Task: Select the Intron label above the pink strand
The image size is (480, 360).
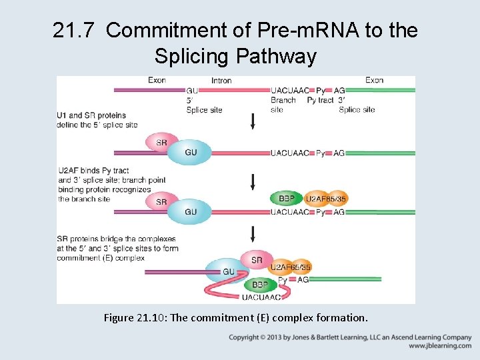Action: point(221,81)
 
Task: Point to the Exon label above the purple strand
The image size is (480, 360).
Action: point(157,80)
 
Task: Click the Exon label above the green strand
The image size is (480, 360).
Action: point(374,80)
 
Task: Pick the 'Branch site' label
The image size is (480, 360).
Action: point(283,105)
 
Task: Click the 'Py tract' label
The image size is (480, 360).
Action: point(320,100)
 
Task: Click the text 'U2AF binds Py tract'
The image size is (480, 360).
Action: point(93,171)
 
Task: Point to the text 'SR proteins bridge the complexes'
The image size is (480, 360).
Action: point(117,239)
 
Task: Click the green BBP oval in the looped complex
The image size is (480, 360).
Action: point(260,284)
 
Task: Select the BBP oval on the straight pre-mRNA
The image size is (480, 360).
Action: point(287,198)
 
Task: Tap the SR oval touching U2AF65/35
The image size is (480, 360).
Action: point(256,260)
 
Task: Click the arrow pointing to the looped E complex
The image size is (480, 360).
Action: point(253,233)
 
